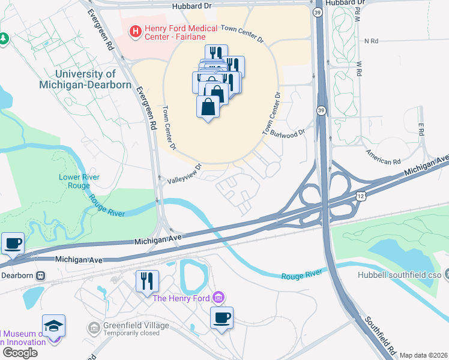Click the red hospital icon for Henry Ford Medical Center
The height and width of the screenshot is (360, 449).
(136, 29)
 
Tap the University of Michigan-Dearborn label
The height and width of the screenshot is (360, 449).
(85, 79)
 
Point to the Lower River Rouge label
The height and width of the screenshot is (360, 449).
(79, 181)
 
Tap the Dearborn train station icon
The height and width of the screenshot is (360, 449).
(41, 275)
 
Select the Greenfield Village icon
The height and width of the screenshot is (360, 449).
(94, 327)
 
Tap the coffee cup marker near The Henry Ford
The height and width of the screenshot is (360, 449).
(221, 317)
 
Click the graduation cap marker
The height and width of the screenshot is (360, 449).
(53, 326)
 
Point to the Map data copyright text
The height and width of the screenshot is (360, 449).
(423, 355)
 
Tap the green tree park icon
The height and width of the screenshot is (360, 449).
(4, 38)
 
